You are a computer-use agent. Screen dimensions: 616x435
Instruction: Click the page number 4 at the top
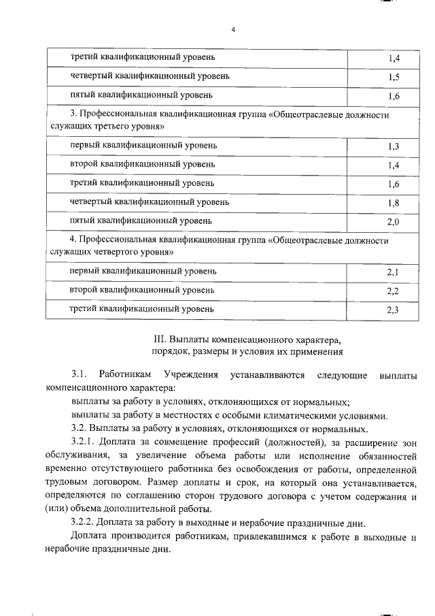(x=232, y=30)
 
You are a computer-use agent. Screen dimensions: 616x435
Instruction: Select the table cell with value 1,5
(x=393, y=78)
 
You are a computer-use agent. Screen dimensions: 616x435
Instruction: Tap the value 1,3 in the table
(x=393, y=147)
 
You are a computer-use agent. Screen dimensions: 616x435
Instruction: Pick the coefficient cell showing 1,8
(x=393, y=203)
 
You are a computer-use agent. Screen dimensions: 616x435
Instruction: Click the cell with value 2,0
(x=393, y=222)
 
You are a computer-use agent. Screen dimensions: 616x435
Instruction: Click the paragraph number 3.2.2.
(x=85, y=523)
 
